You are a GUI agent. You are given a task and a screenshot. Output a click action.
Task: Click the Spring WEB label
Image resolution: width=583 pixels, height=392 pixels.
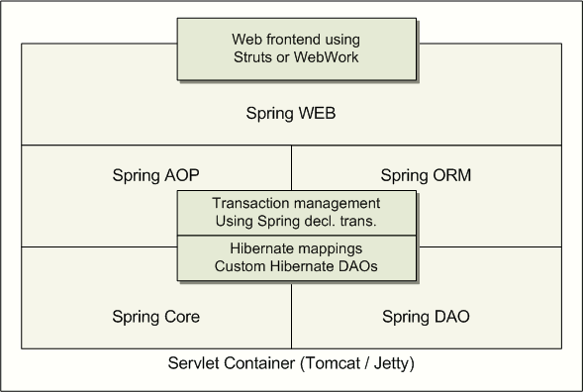click(291, 114)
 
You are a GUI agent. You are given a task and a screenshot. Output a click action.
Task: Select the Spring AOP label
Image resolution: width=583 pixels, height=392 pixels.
click(155, 175)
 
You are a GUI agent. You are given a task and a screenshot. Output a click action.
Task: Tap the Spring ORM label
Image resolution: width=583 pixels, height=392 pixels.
click(426, 175)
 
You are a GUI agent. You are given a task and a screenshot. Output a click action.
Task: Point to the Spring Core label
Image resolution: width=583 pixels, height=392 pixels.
click(155, 317)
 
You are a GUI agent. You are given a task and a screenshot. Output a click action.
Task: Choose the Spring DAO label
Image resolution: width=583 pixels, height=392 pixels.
click(426, 317)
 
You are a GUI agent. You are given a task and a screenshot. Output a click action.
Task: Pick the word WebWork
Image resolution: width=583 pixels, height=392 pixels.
click(326, 57)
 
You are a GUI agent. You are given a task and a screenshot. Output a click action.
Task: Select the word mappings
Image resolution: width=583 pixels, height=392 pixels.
click(328, 249)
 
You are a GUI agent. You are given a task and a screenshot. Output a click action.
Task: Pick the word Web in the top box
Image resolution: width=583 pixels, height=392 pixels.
click(246, 40)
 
